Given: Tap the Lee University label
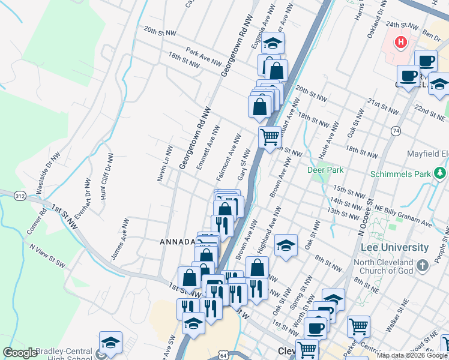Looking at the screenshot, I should [394, 247].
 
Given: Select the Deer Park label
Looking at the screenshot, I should [325, 170].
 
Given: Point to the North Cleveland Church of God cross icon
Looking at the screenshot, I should [423, 265].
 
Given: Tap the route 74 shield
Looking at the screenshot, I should [395, 130].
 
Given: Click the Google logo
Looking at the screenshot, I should [20, 353].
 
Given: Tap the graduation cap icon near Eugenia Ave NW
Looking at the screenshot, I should [272, 43].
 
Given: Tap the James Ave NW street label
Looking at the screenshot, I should [119, 239].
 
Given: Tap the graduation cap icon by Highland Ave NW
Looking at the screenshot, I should [286, 245].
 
